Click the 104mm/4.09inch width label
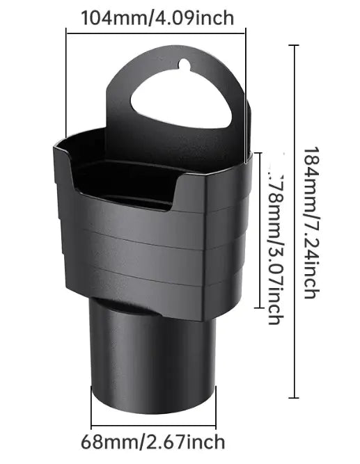157,17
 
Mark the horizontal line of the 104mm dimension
156,31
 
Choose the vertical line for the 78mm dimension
259,230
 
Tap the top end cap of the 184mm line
294,46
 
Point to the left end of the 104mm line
67,31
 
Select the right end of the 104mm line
245,31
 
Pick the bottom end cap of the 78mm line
259,307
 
